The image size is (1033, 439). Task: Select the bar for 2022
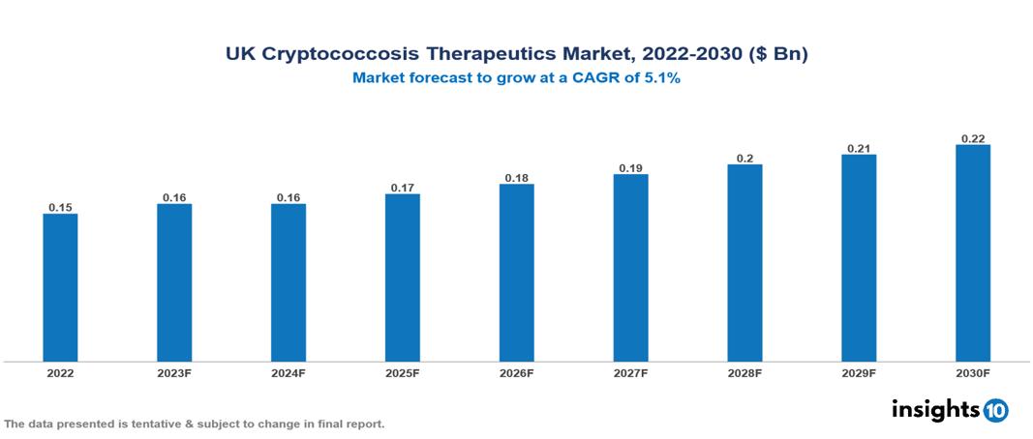pyautogui.click(x=60, y=287)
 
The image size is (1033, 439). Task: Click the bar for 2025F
pyautogui.click(x=403, y=278)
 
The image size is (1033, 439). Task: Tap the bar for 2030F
pyautogui.click(x=973, y=253)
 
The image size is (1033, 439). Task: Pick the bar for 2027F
pyautogui.click(x=630, y=268)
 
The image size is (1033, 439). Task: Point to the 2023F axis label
pyautogui.click(x=174, y=372)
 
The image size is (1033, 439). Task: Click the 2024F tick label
pyautogui.click(x=289, y=372)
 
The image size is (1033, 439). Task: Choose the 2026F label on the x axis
pyautogui.click(x=517, y=372)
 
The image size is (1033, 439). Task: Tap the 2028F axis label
pyautogui.click(x=744, y=372)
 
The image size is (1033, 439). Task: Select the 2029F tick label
pyautogui.click(x=859, y=372)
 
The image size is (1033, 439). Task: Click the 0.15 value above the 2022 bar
pyautogui.click(x=60, y=207)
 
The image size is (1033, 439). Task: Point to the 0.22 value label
pyautogui.click(x=973, y=138)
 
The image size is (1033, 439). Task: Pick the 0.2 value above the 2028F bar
pyautogui.click(x=744, y=158)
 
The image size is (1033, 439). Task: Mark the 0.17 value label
pyautogui.click(x=403, y=188)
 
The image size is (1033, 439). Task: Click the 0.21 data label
pyautogui.click(x=859, y=148)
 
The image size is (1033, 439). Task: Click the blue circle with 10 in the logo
pyautogui.click(x=995, y=410)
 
